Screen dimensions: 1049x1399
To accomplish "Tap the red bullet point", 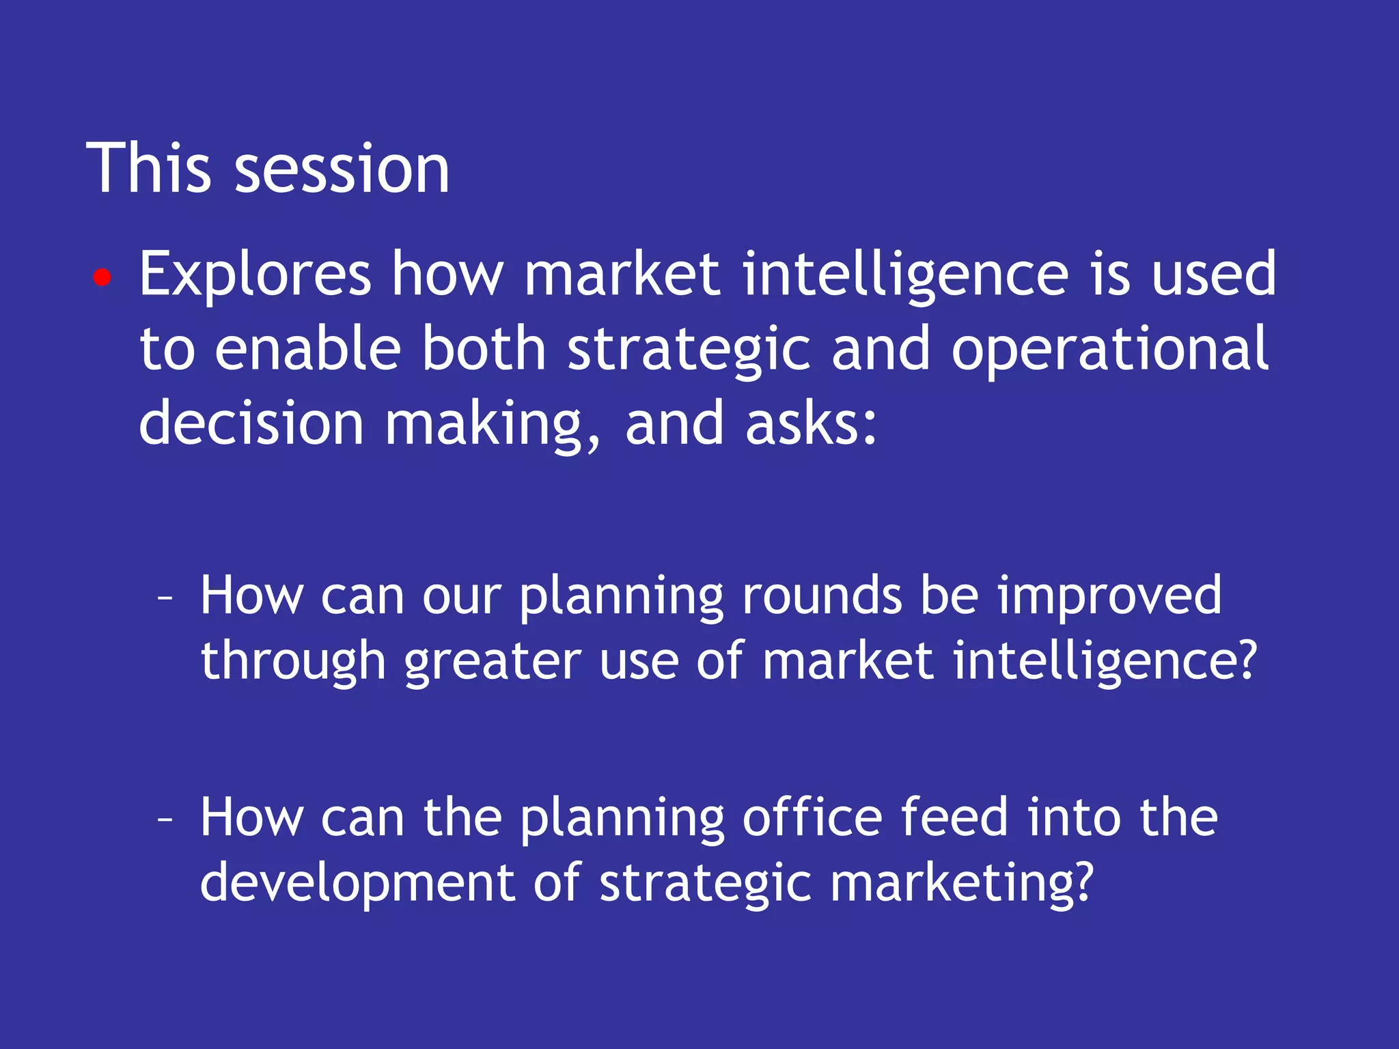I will tap(102, 277).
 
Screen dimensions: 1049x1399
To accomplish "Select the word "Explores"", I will tap(255, 275).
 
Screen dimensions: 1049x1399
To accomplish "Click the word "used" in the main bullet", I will tap(1213, 275).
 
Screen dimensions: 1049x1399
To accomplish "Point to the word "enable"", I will tap(307, 349).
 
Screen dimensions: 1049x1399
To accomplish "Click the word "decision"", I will tap(251, 423).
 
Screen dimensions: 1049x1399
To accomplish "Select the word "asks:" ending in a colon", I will tap(811, 423).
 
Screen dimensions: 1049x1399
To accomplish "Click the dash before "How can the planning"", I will tap(164, 819).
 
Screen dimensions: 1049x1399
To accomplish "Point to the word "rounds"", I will tap(822, 596).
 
